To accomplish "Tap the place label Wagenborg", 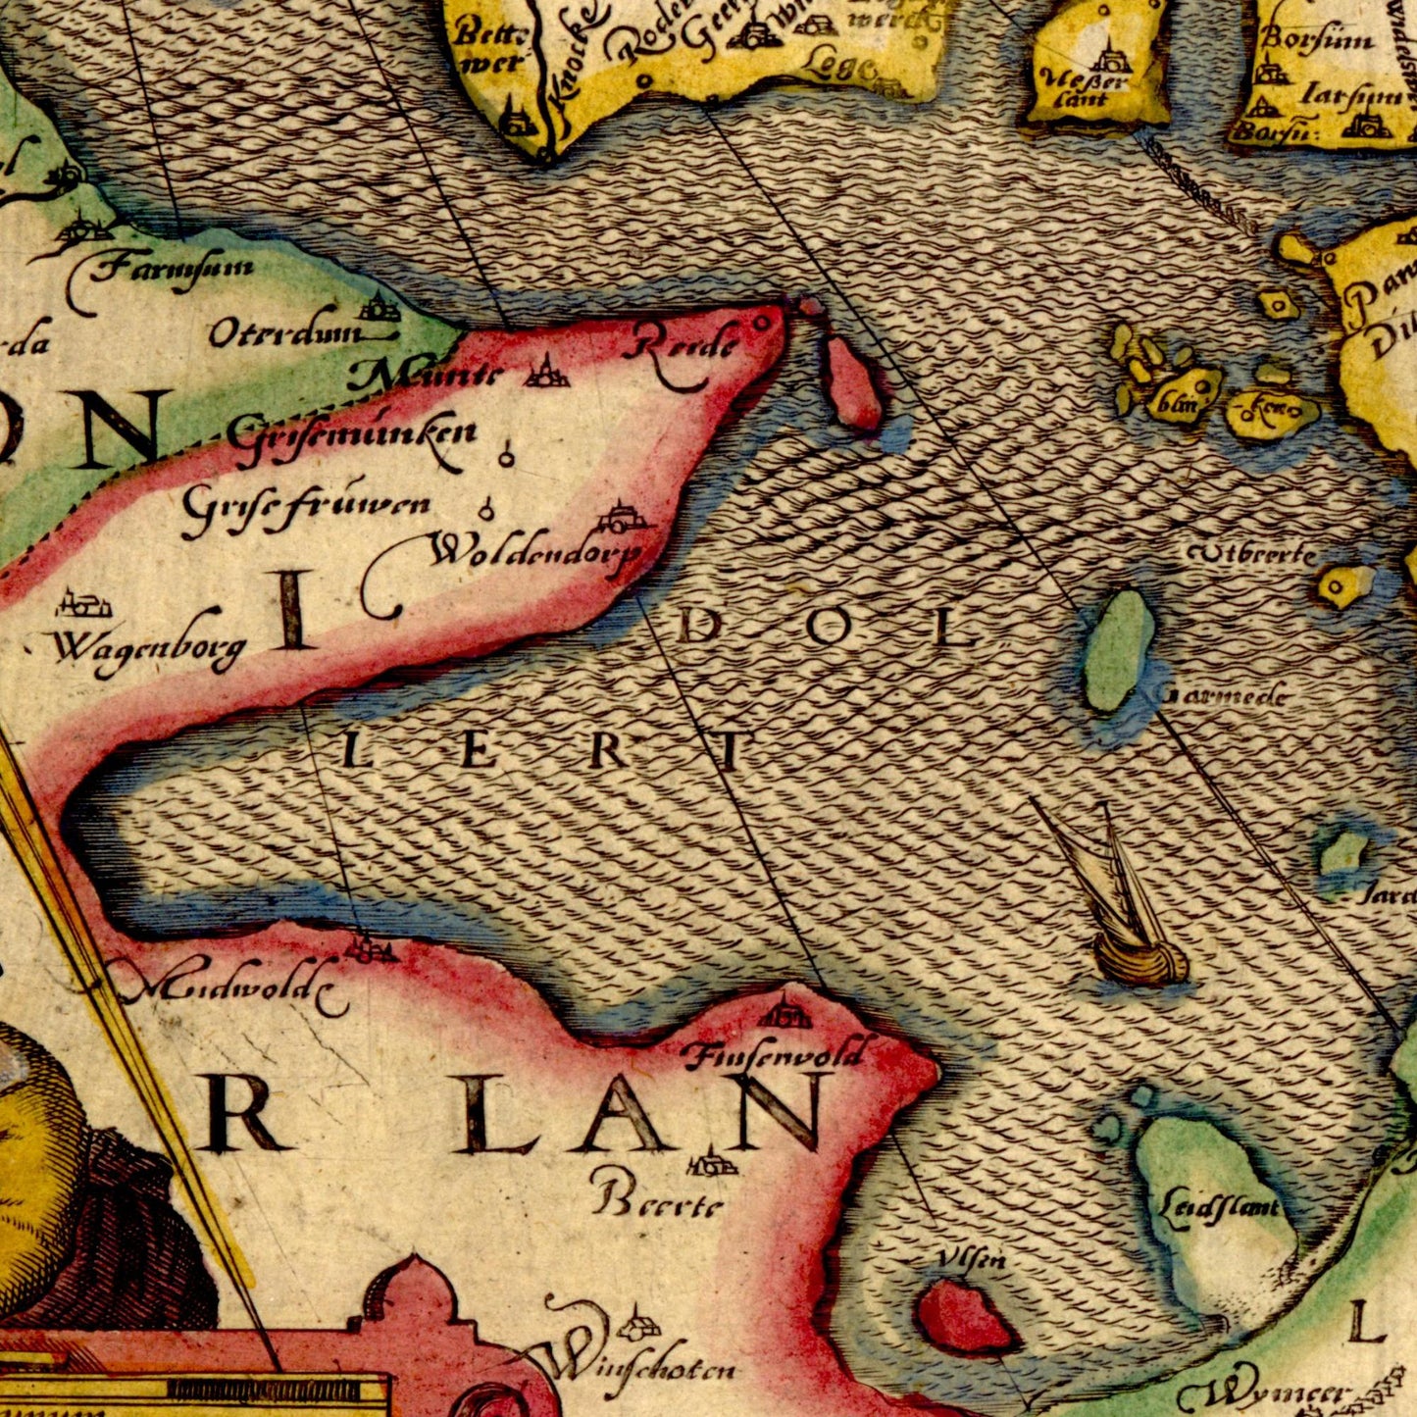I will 147,649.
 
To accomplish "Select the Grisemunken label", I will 353,431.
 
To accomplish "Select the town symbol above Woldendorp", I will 620,516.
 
